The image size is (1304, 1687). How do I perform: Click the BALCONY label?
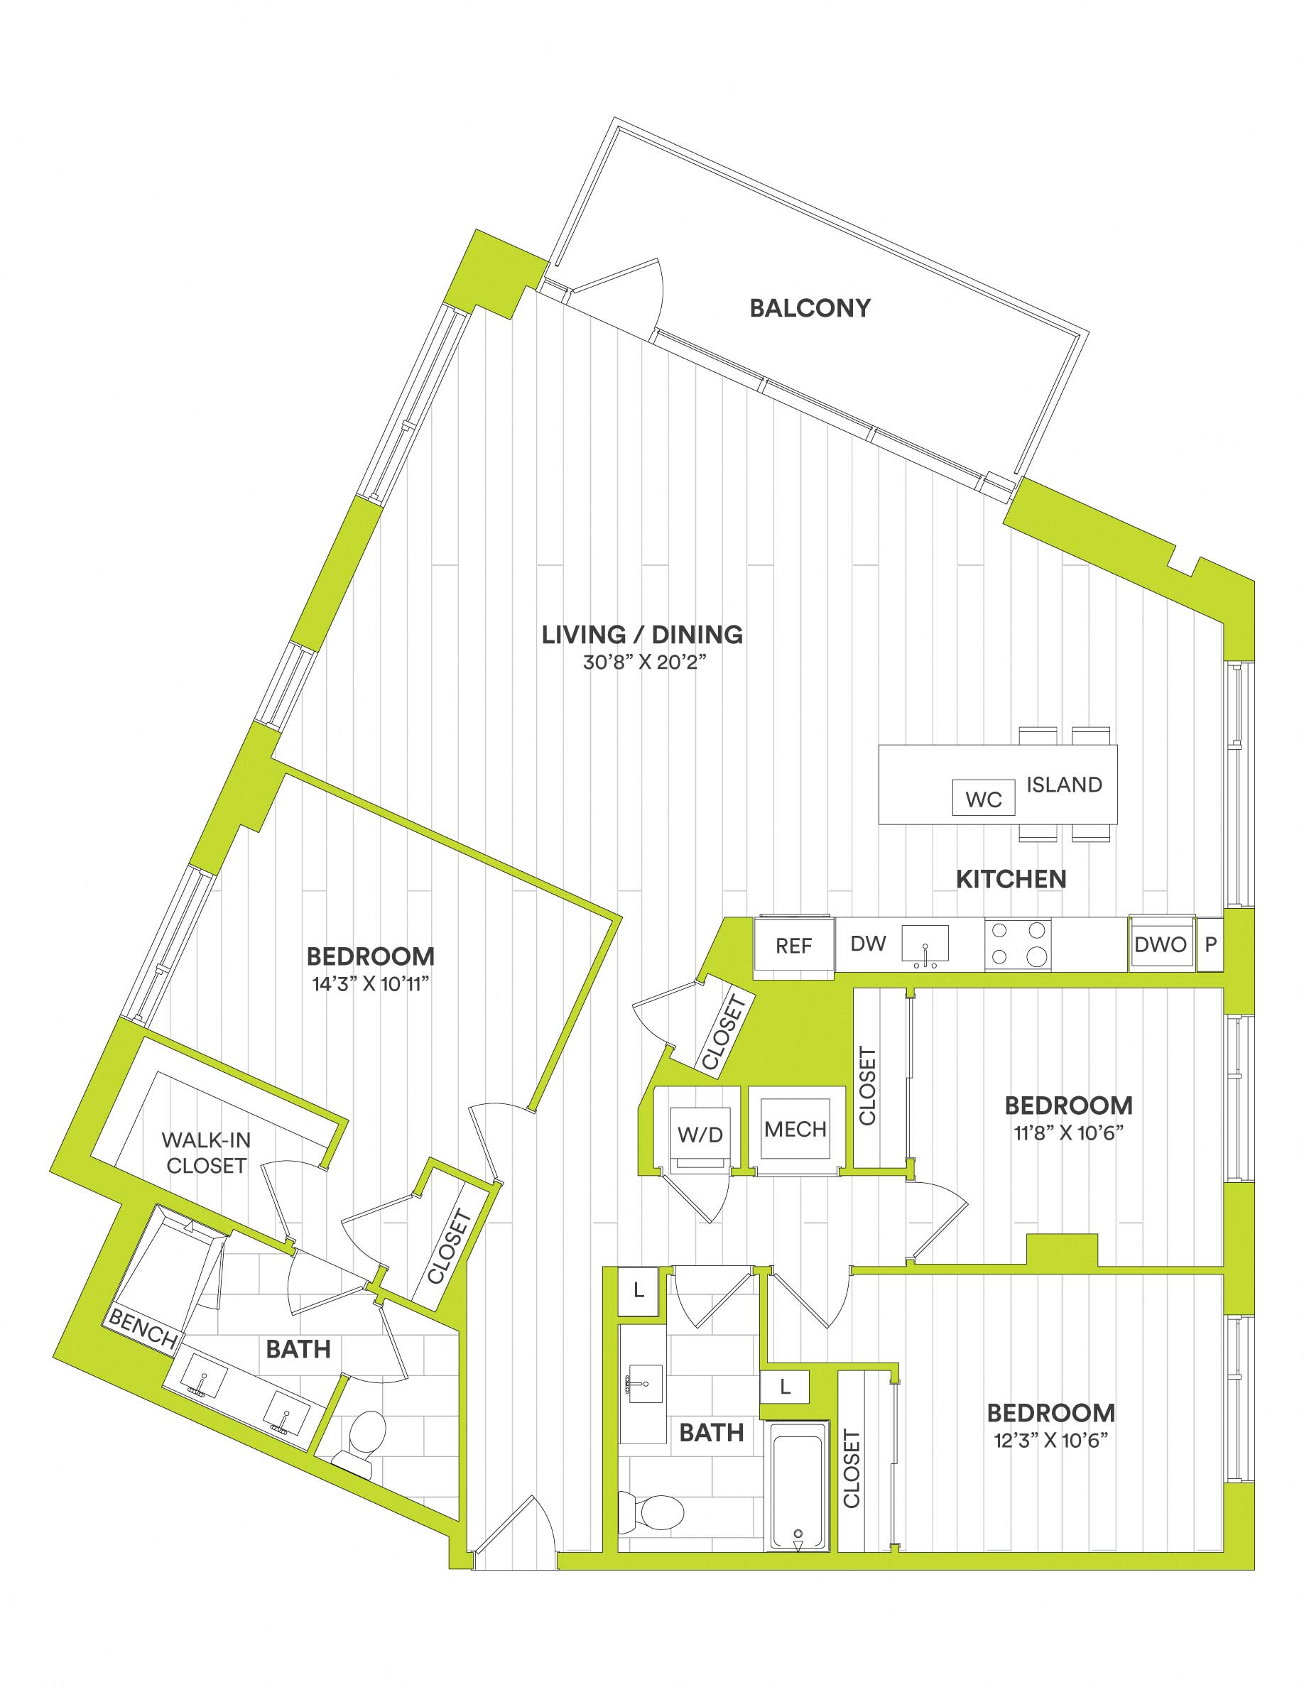click(810, 308)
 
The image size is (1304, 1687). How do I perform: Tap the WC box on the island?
click(983, 799)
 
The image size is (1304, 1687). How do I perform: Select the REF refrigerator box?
click(793, 946)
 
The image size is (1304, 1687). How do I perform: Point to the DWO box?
click(1160, 944)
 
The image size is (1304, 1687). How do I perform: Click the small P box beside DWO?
click(1210, 944)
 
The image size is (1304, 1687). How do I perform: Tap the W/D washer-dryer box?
click(700, 1134)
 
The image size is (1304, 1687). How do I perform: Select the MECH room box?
click(795, 1130)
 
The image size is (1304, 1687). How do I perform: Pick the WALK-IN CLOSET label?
click(206, 1152)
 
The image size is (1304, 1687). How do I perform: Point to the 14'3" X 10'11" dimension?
click(371, 984)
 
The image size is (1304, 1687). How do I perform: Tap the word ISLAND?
click(1064, 785)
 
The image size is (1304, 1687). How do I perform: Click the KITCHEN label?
click(1011, 878)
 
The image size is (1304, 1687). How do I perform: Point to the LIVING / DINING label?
click(642, 634)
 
